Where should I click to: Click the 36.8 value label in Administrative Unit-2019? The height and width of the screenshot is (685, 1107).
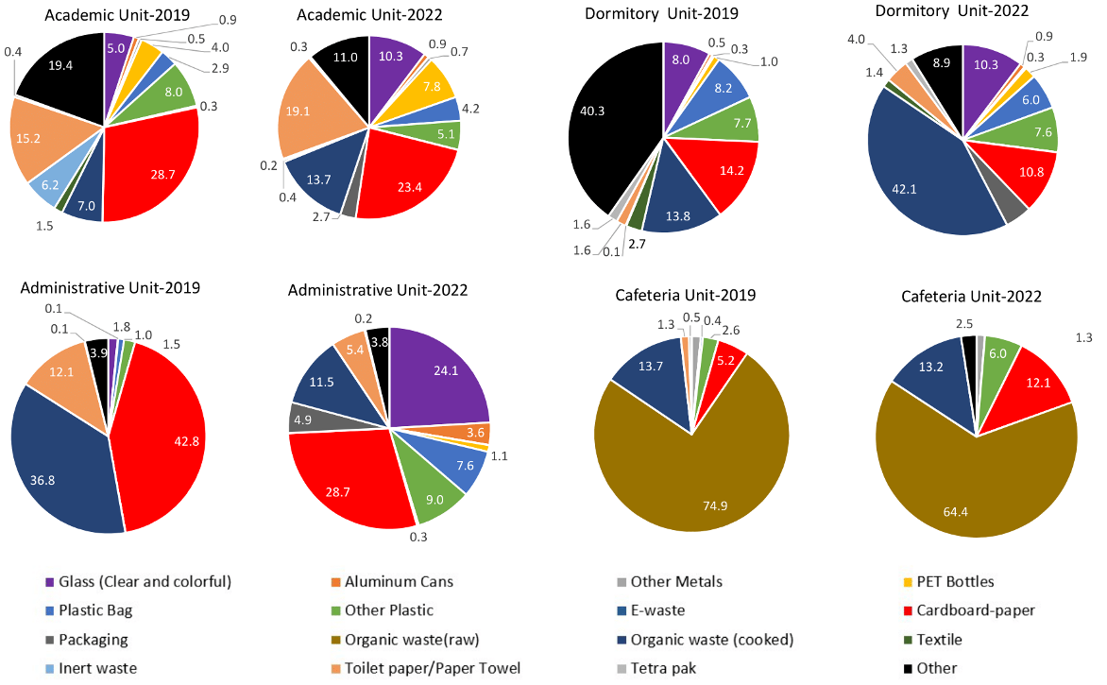click(60, 455)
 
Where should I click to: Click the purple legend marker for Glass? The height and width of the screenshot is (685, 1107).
click(49, 582)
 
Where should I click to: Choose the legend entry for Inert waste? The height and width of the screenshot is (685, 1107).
click(94, 668)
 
